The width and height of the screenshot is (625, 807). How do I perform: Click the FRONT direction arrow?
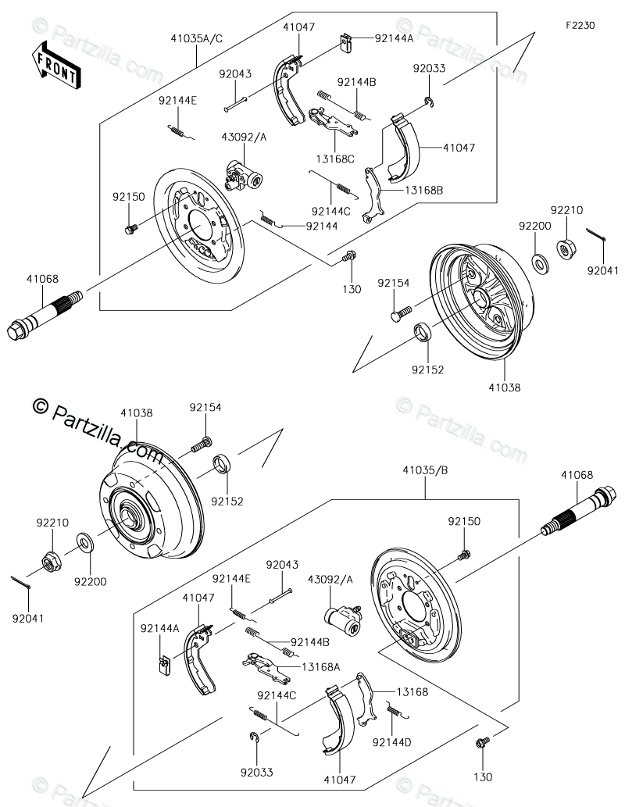tap(56, 66)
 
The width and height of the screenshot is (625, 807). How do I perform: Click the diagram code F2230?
tap(580, 25)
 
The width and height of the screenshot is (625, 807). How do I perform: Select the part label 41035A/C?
tap(197, 38)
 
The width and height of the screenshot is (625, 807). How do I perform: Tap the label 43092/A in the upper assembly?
tap(244, 137)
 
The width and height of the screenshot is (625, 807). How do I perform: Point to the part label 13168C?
tap(335, 159)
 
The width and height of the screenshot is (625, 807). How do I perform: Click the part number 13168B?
tap(423, 190)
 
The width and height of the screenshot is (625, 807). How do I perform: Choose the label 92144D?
tap(391, 742)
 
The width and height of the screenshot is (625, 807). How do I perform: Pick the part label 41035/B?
tap(425, 470)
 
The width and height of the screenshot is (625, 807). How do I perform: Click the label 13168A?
tap(321, 667)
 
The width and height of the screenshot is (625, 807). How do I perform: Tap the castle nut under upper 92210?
tap(566, 249)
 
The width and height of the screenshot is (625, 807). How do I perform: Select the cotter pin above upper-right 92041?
tap(595, 234)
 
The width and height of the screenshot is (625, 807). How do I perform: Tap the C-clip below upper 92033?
tap(430, 102)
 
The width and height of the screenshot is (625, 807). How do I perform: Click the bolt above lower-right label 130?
tap(482, 742)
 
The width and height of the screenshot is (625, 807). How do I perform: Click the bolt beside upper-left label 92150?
tap(131, 228)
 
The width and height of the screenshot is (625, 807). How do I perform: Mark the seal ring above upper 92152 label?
tap(423, 331)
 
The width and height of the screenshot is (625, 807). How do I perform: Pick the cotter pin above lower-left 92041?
tap(21, 583)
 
